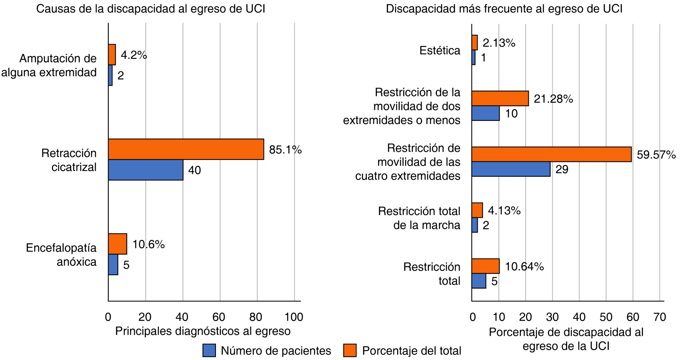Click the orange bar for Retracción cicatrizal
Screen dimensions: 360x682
186,149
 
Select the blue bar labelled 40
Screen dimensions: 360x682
145,170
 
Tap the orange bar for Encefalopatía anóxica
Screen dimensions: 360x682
117,244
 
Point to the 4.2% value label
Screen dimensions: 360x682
134,55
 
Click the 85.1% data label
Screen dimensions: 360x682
285,150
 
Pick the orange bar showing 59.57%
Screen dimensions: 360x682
551,154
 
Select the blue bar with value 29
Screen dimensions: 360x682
511,169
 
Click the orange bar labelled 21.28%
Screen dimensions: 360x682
500,99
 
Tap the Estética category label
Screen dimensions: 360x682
440,50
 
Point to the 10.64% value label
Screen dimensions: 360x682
524,266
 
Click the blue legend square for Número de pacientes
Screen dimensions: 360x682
209,351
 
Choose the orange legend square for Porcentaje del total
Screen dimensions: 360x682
350,351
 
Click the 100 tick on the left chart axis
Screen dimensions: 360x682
294,317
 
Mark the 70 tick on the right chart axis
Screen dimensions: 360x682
660,317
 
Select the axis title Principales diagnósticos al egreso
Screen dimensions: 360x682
203,331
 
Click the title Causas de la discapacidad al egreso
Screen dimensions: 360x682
150,9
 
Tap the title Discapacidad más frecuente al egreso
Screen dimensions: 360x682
504,9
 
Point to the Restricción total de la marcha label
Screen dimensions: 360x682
419,218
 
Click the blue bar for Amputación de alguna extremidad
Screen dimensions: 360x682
110,75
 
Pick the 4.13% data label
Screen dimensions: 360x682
504,210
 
